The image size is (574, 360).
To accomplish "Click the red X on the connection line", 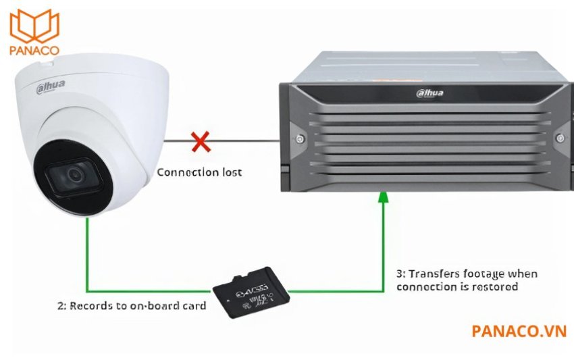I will tap(200, 141).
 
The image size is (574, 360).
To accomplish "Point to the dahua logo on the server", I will tap(429, 93).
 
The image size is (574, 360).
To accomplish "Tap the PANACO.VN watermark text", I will tap(519, 331).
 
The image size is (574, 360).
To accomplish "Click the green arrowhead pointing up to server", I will tap(383, 197).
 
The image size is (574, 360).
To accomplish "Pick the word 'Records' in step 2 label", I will tap(90, 305).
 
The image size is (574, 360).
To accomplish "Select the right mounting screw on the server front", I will tap(560, 138).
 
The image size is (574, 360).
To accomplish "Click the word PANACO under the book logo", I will tap(34, 49).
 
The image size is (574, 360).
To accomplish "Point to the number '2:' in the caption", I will tap(61, 305).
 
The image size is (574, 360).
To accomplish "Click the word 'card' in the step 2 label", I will tap(193, 305).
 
